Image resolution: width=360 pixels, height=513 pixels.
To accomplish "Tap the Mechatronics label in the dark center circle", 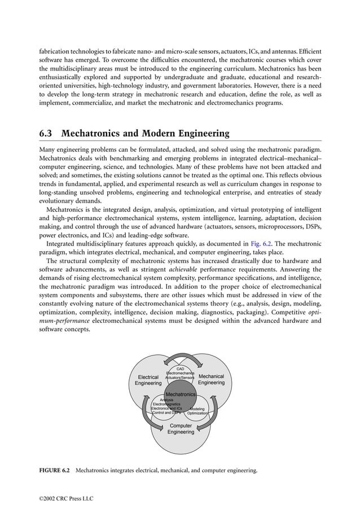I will click(x=180, y=394).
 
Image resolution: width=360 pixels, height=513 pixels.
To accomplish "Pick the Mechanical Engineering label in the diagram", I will click(x=212, y=379).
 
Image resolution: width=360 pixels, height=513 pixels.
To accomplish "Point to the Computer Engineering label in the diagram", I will click(x=181, y=428).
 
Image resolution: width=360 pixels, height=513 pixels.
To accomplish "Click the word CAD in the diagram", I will click(x=181, y=369).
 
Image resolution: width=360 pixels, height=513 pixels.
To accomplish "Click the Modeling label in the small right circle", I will click(x=197, y=409).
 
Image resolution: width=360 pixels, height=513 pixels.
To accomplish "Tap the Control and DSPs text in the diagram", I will click(x=163, y=413).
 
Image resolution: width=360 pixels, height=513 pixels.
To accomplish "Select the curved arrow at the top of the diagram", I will click(x=181, y=359).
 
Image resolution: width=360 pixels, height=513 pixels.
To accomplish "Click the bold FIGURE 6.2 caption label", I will click(x=54, y=470).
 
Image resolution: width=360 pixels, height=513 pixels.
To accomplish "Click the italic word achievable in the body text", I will click(x=184, y=269).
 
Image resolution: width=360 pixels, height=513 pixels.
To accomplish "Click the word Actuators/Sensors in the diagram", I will click(x=180, y=378).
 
